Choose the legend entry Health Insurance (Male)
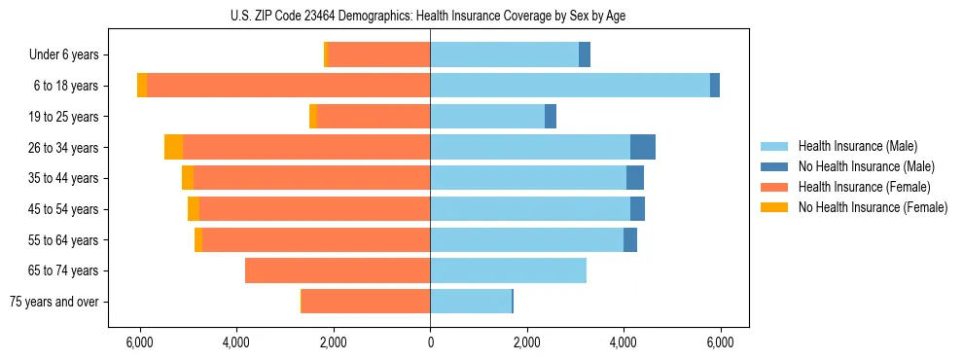[x=856, y=146]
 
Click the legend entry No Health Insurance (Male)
[x=866, y=166]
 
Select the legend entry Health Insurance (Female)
[x=863, y=187]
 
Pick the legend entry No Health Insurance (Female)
[x=872, y=207]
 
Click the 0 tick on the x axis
[x=430, y=342]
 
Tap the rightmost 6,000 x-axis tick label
[x=720, y=342]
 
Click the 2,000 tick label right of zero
[x=526, y=342]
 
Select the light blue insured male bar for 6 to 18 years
[x=569, y=86]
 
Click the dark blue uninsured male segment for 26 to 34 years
[x=642, y=147]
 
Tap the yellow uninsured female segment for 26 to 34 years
[x=173, y=147]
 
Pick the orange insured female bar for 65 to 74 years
[x=338, y=270]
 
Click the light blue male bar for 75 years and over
[x=471, y=302]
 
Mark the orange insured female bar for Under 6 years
[x=379, y=55]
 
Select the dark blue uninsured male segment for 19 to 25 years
[x=550, y=117]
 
